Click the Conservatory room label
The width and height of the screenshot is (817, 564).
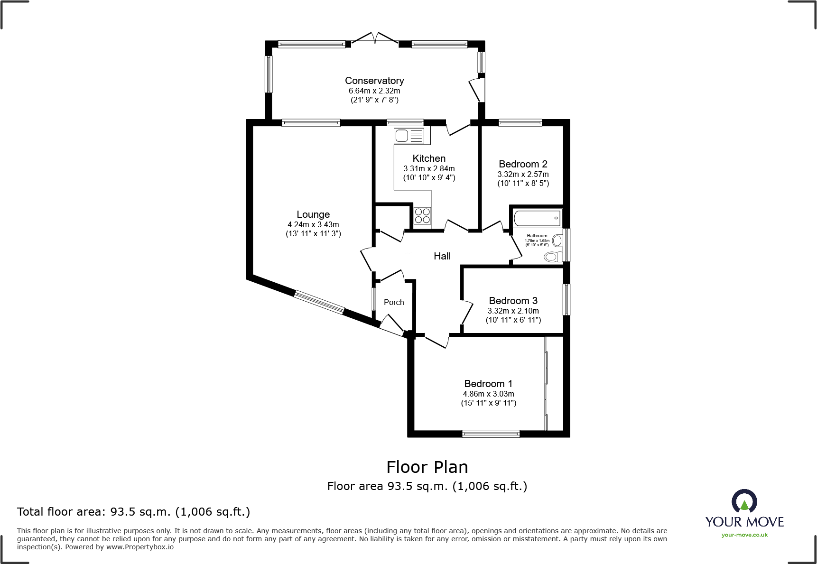point(374,81)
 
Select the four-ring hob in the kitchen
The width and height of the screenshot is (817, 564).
point(422,216)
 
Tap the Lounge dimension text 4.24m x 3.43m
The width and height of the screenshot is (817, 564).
point(313,224)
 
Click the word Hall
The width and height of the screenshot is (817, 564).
point(442,256)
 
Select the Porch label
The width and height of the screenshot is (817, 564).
point(394,302)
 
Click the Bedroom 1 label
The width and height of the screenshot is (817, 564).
point(488,384)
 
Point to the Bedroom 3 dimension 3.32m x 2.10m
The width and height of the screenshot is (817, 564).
point(513,311)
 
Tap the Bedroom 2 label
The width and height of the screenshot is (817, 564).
point(523,164)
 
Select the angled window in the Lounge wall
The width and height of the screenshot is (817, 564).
point(318,302)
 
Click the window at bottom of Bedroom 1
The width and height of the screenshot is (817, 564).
point(491,434)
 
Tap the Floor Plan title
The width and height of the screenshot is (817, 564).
point(427,467)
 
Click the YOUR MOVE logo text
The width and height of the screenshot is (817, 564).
point(744,522)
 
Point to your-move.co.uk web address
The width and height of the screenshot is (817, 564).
point(744,535)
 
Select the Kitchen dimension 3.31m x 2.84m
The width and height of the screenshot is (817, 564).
point(429,168)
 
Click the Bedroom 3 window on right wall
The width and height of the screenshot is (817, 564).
point(566,299)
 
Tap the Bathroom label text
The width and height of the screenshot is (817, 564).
point(537,236)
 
